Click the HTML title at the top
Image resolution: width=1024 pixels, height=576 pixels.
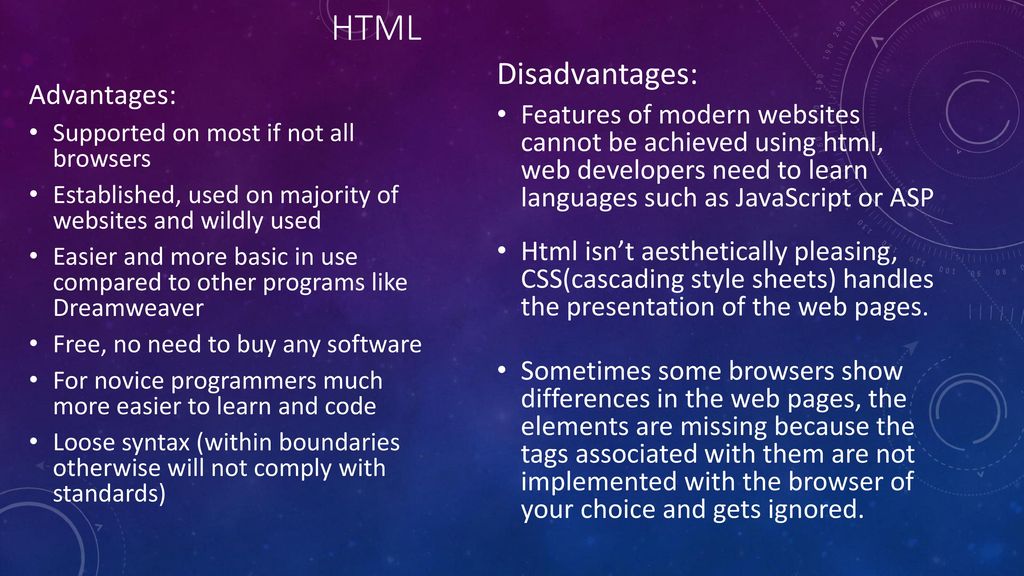coord(376,29)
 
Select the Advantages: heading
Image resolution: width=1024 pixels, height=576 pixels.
coord(103,95)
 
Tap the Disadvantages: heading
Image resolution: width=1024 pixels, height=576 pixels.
coord(598,74)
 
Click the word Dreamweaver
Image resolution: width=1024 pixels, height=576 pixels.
coord(129,308)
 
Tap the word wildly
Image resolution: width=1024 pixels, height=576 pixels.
coord(232,221)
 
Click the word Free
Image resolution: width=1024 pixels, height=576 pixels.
coord(80,344)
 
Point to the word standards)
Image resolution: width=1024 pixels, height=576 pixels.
coord(110,494)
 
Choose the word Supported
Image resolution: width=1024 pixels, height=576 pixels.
coord(109,134)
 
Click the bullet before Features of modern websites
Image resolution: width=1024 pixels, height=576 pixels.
coord(502,115)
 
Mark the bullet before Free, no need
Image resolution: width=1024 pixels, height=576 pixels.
coord(34,344)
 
